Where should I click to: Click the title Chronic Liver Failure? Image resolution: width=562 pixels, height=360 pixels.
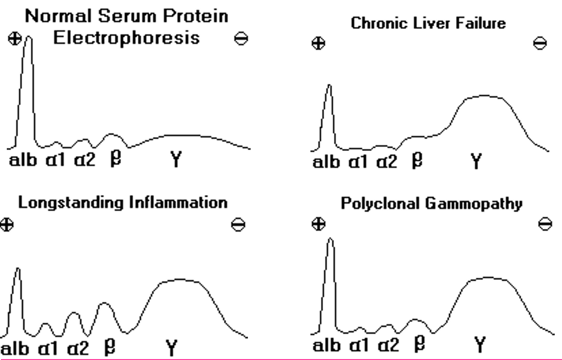point(428,24)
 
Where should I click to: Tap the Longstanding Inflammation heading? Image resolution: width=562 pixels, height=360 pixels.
point(122,202)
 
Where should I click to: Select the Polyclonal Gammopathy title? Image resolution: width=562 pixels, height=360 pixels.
point(431,204)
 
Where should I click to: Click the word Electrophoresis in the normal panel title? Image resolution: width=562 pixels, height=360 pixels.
point(126,38)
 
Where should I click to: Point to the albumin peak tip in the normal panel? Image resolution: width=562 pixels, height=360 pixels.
point(28,38)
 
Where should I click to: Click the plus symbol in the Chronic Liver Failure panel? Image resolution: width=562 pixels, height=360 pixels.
point(319,44)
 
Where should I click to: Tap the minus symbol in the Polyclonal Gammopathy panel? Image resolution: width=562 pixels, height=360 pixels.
point(545,224)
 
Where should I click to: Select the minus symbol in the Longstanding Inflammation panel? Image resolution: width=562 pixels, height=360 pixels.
point(238,224)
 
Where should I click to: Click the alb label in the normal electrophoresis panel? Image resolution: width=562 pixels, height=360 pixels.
point(23,160)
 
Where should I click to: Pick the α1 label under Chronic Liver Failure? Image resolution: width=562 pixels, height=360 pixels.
point(360,161)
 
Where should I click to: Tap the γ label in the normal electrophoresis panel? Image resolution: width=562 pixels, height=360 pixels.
point(175,160)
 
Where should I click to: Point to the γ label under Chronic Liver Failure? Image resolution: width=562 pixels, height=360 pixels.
point(475,161)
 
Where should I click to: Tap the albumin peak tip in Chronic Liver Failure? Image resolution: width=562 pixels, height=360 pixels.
point(329,85)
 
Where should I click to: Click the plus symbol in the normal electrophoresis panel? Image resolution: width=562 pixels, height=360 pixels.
point(15,39)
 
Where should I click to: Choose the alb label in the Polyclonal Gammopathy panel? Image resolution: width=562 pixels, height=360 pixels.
point(326,346)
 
